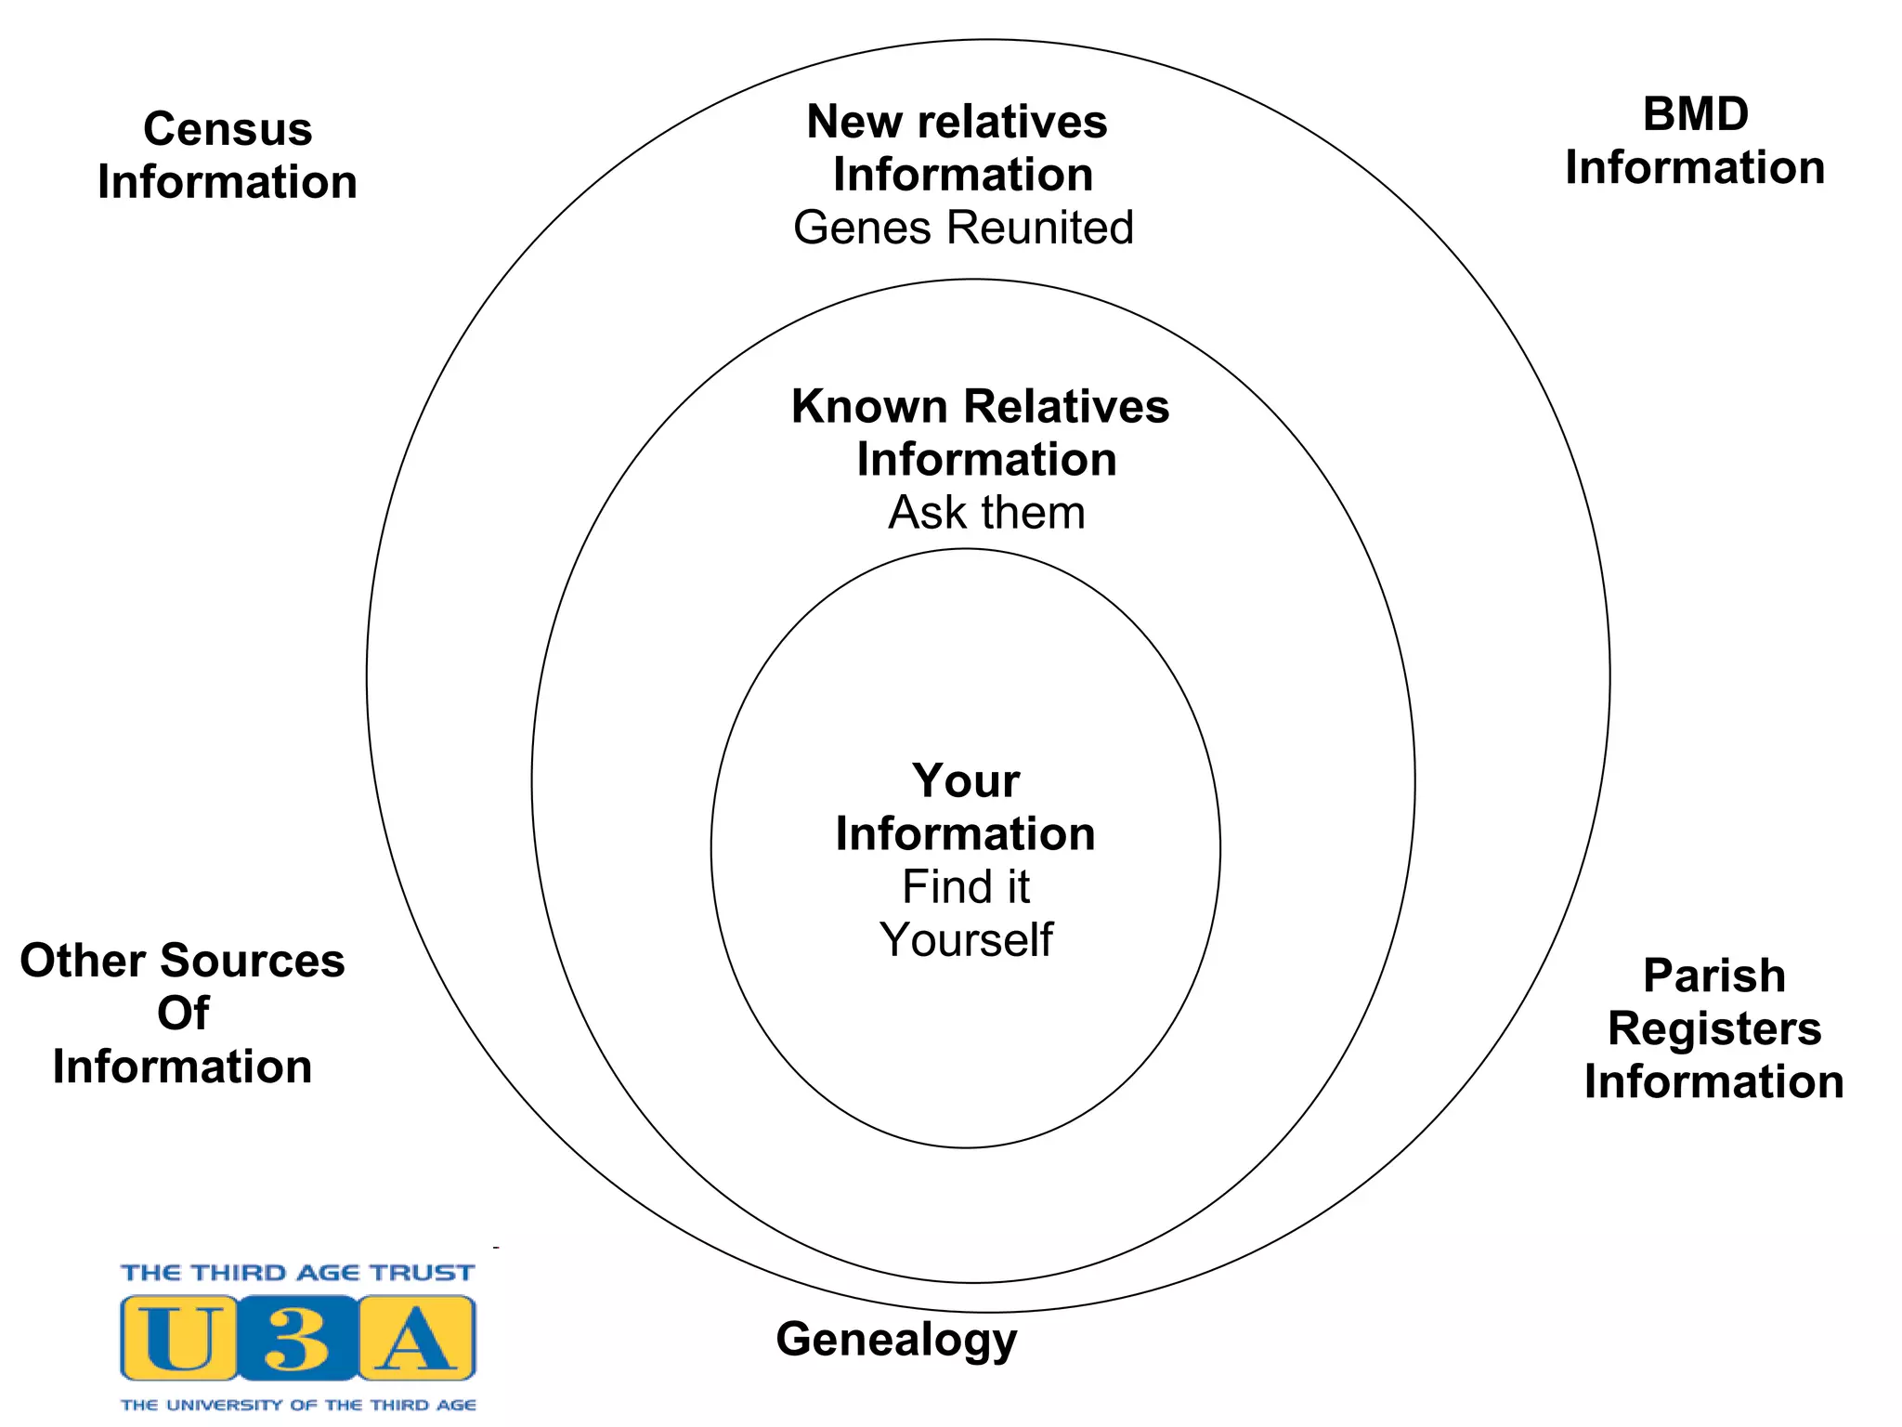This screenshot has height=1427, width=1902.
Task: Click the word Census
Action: [x=228, y=129]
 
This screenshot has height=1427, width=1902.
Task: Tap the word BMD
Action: [x=1695, y=115]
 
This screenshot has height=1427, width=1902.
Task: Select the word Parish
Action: [x=1713, y=975]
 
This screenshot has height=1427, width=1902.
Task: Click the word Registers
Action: [x=1713, y=1028]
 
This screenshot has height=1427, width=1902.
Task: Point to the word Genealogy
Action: [x=896, y=1340]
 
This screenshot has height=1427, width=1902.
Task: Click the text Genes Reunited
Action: [x=963, y=228]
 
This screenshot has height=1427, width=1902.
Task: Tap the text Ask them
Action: [x=986, y=513]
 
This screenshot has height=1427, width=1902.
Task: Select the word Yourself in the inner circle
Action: [x=966, y=939]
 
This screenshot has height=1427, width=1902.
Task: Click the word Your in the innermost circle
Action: [x=966, y=780]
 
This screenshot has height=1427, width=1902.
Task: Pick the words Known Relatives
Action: [x=980, y=407]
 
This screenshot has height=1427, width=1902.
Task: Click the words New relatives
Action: [x=957, y=122]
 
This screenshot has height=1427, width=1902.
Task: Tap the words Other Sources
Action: [x=182, y=961]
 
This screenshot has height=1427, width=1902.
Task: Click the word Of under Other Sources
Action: [x=183, y=1013]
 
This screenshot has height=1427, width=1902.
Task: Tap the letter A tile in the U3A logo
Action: [x=416, y=1338]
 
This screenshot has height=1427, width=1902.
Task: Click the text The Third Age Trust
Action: [x=297, y=1273]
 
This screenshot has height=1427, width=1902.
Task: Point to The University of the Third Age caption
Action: [x=298, y=1405]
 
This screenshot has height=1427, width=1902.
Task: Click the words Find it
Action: [x=966, y=886]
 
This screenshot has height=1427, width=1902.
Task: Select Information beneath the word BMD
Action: [x=1695, y=168]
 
